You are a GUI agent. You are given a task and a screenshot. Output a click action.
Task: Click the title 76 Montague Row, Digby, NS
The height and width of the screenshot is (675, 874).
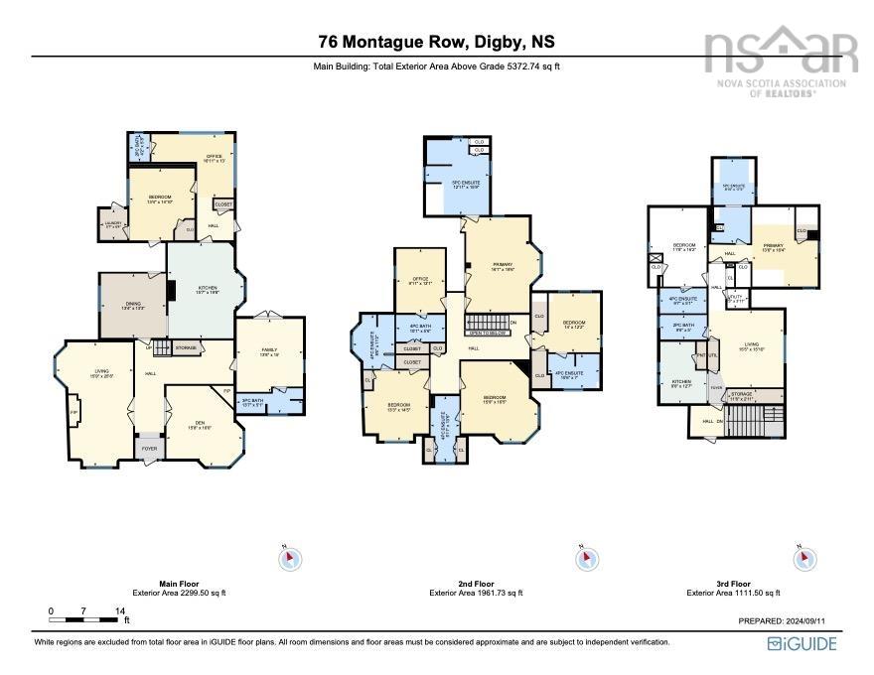pos(436,42)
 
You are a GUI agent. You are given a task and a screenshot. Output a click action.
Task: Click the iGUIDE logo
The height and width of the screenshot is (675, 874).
pos(801,644)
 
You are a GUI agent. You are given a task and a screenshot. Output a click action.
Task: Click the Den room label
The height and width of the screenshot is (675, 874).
pos(199,424)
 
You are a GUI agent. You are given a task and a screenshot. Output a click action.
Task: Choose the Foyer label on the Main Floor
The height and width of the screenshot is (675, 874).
pos(149,449)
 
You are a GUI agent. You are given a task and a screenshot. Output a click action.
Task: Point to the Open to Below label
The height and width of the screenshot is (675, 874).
pos(487,332)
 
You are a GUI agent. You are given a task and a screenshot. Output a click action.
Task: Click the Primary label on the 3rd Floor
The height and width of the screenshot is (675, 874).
pos(774,245)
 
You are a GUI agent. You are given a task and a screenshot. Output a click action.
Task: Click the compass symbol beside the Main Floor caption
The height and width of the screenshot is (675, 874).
pos(289,559)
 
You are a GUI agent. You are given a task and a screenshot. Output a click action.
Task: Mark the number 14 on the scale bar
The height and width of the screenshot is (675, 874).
pos(119,610)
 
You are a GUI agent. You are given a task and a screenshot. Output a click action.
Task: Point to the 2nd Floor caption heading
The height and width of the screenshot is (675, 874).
pos(476,584)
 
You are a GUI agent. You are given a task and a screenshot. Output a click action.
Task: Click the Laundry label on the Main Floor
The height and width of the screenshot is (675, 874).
pos(113,223)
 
